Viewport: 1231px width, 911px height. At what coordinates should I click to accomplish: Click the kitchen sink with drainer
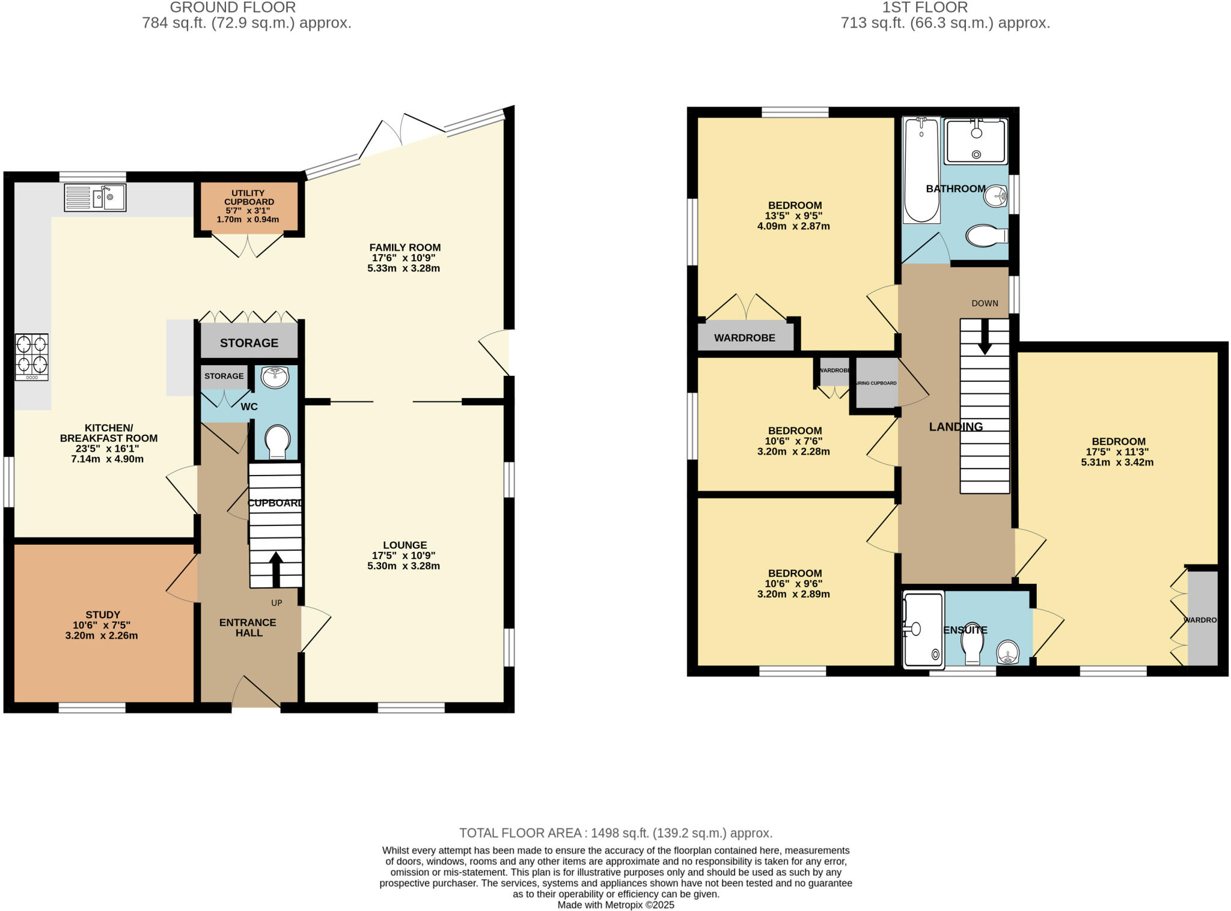click(95, 198)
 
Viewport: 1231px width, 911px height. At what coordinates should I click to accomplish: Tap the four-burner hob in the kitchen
click(32, 357)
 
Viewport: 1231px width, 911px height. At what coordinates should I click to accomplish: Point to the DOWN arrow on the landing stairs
click(985, 336)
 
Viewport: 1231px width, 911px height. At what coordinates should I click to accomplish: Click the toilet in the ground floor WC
click(277, 442)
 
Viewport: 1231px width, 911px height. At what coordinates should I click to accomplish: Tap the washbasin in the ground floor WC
click(275, 377)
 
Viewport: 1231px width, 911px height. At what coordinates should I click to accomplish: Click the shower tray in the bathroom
click(976, 142)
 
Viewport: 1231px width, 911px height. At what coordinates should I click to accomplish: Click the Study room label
click(103, 614)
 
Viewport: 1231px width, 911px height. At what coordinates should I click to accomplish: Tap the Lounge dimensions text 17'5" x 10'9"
click(403, 555)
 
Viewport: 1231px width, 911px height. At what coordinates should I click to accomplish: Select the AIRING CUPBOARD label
click(876, 383)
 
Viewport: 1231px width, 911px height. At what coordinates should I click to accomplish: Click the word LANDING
click(956, 427)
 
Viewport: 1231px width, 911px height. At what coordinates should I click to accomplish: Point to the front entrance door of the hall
click(257, 694)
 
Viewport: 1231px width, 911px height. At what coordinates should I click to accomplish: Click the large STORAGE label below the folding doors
click(249, 343)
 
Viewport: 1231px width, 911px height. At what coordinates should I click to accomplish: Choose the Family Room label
click(405, 247)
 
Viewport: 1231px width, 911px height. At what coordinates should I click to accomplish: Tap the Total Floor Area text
click(615, 833)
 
